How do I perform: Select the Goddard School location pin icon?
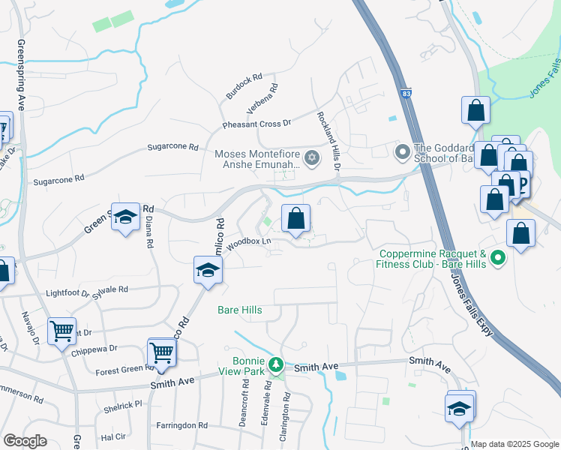[402, 153]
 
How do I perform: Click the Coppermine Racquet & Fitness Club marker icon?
[497, 259]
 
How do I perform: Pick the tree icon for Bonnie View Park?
[276, 364]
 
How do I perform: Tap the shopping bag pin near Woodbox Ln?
[296, 219]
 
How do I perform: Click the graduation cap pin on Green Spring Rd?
[126, 217]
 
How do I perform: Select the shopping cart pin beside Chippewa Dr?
[61, 330]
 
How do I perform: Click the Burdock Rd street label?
[244, 87]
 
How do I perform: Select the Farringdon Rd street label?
[181, 425]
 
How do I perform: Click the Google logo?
[25, 441]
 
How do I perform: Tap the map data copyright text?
[514, 444]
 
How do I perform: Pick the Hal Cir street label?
[112, 436]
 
